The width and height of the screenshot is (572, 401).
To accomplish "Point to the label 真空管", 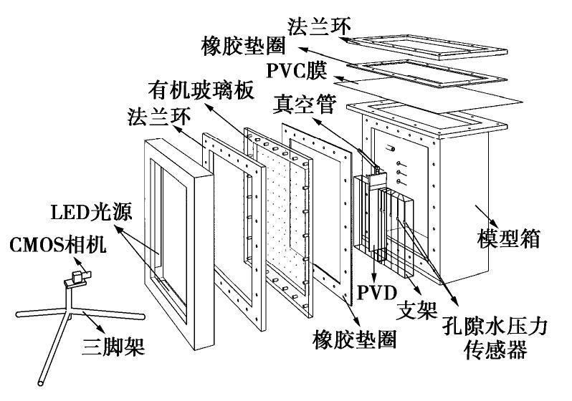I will point(305,105).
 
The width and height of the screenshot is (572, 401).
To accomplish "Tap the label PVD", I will point(375,292).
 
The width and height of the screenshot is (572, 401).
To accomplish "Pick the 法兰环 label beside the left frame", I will point(155,115).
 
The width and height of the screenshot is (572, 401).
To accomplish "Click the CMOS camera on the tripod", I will point(76,278).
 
